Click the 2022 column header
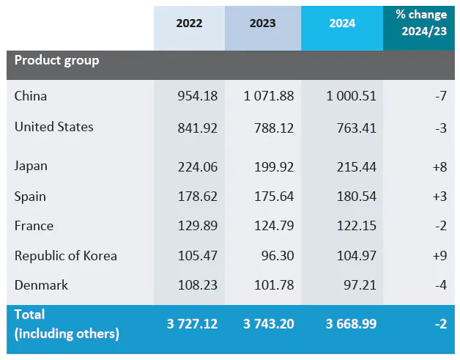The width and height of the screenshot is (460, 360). pos(189,23)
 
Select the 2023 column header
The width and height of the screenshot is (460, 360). pos(262,23)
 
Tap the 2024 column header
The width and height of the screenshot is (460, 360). pos(342,23)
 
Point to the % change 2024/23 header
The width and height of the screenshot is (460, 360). pos(420,23)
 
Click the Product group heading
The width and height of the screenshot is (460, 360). pos(56,60)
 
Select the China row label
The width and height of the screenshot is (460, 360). pos(31,96)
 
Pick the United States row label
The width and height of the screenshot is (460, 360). pos(54,127)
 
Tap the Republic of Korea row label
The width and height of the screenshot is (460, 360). pos(66,256)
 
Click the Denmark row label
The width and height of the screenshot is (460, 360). pos(41,285)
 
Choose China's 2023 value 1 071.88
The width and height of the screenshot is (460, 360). pos(270,96)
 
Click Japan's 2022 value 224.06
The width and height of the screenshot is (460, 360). pos(197,167)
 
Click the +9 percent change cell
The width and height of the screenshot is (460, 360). pos(439,256)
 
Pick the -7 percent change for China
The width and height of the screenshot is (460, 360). pos(440,96)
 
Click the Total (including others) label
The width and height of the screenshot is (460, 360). pos(67,324)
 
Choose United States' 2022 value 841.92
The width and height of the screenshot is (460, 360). pos(197,128)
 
